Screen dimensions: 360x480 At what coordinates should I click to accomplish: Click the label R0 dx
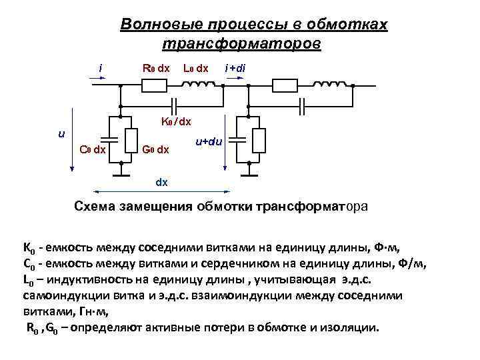(x=156, y=68)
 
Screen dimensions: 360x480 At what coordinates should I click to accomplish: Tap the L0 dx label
(x=195, y=68)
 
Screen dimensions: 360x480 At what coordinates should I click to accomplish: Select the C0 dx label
(x=92, y=149)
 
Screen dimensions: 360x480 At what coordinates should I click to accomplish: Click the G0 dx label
(x=155, y=149)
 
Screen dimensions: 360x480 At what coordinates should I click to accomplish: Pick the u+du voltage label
(x=209, y=142)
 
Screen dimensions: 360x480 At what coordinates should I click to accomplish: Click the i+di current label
(x=235, y=68)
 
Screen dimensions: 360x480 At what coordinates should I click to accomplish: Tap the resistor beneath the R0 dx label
(x=155, y=85)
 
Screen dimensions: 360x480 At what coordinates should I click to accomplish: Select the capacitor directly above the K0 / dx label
(x=175, y=105)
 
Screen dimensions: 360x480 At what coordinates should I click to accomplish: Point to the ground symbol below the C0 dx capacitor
(x=120, y=175)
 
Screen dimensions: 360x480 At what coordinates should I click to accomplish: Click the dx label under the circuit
(x=161, y=181)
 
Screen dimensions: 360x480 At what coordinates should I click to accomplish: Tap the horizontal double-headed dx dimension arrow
(x=161, y=190)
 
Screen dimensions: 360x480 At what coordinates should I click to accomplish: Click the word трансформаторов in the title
(x=241, y=43)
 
